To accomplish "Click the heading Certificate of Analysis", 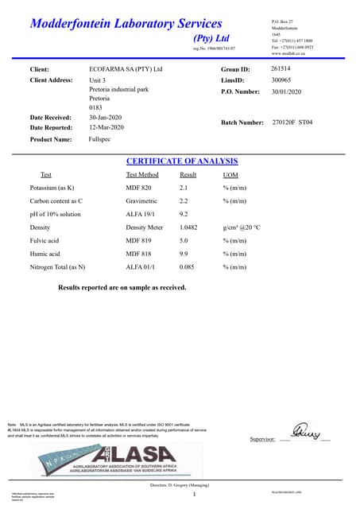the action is pos(180,161).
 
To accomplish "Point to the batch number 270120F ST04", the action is pos(292,122).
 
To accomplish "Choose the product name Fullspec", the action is pos(100,138).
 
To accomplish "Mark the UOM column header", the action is pos(230,175).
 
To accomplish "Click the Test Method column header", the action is pos(142,175).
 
